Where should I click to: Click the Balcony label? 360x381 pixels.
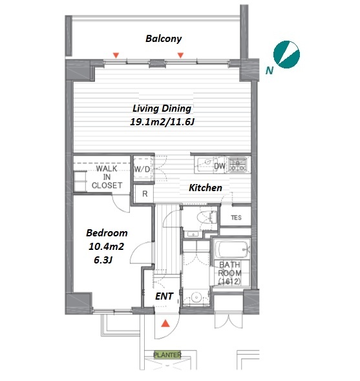click(x=164, y=39)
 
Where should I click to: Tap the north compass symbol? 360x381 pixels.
click(x=286, y=54)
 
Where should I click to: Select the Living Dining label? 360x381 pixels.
click(x=162, y=108)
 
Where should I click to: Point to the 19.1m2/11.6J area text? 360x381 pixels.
click(x=162, y=122)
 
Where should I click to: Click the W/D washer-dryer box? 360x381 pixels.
click(x=143, y=169)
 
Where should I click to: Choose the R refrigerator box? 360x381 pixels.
click(x=145, y=194)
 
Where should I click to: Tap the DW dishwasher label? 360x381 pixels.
click(x=219, y=166)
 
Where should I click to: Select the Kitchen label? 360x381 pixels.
click(x=206, y=188)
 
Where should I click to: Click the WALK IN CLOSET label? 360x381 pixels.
click(x=107, y=177)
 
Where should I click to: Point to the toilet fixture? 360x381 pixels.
click(x=207, y=217)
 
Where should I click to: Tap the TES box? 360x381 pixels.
click(x=236, y=218)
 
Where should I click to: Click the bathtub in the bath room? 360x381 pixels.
click(x=232, y=249)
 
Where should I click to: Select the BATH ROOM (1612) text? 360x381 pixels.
click(x=229, y=273)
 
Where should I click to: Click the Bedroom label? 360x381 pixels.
click(x=107, y=233)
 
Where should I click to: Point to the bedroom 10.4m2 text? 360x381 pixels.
click(x=106, y=247)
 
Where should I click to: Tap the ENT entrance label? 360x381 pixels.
click(x=164, y=296)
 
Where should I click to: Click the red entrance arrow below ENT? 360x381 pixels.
click(x=165, y=324)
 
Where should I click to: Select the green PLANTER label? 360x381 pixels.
click(x=167, y=355)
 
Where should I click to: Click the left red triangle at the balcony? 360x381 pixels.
click(x=116, y=56)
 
